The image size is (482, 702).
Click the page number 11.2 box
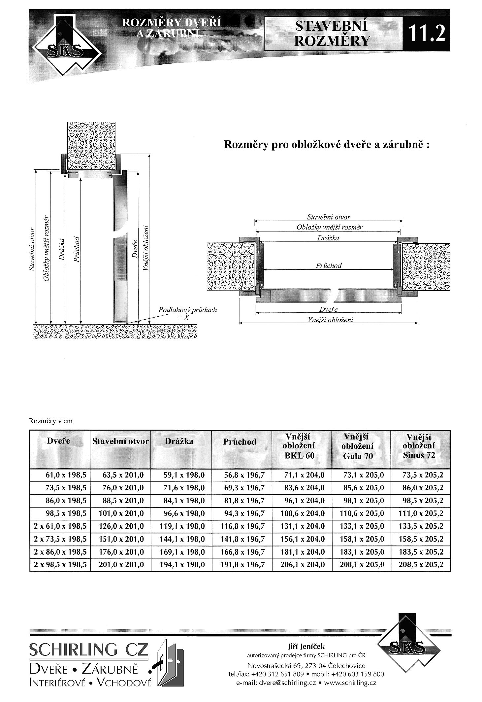coord(426,34)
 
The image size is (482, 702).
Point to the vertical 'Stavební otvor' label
coord(32,249)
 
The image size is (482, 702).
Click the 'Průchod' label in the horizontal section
coord(329,265)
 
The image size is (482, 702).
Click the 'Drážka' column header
coord(179,441)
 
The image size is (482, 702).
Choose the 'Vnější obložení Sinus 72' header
coord(419,446)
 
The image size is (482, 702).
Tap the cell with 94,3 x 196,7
coord(244,513)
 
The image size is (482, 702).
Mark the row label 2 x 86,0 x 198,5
coord(60,552)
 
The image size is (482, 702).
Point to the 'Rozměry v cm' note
coord(50,421)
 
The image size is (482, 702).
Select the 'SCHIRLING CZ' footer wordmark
coord(89,650)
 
